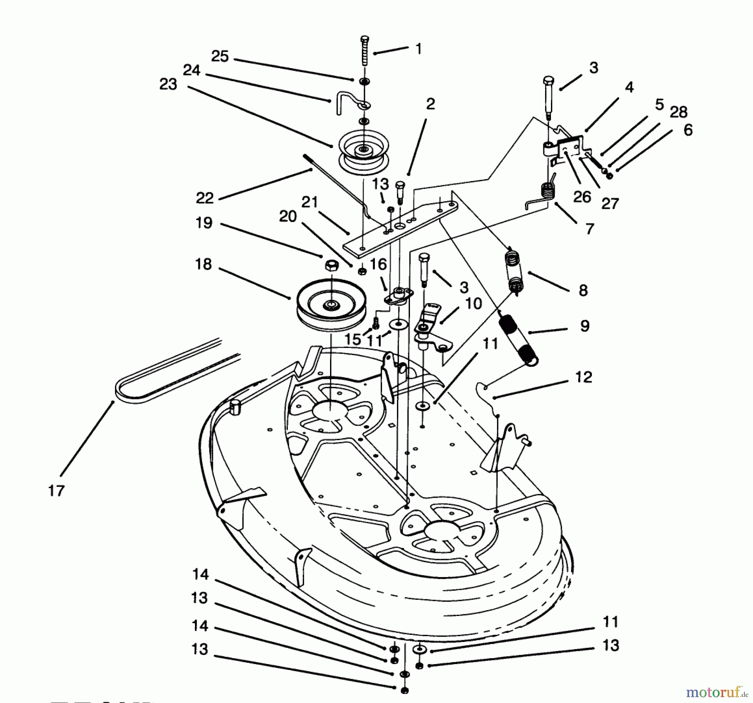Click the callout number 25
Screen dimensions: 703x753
click(x=220, y=56)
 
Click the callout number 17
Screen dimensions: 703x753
click(x=56, y=490)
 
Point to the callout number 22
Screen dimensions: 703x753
click(x=205, y=198)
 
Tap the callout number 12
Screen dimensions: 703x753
click(x=584, y=377)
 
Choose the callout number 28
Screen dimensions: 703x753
click(x=679, y=112)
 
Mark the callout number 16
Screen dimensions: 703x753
click(x=378, y=264)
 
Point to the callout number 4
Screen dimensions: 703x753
click(x=629, y=87)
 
